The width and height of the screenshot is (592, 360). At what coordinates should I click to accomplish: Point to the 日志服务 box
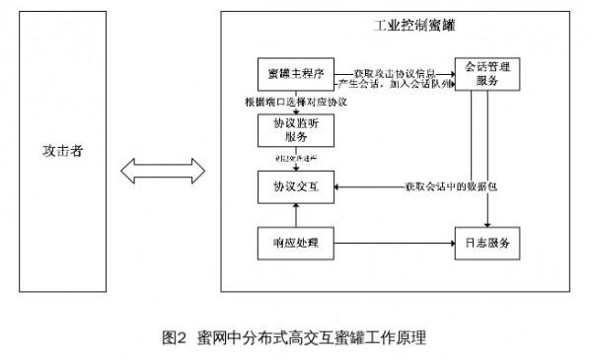483,243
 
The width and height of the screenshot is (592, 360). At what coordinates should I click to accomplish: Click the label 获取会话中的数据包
447,186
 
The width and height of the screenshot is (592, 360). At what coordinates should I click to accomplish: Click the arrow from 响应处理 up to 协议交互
293,213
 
